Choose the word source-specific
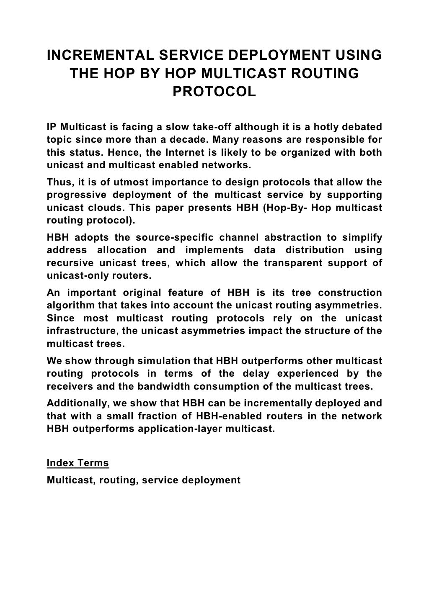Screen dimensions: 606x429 173,238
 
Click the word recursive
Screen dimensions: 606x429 67,263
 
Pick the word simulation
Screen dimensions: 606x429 166,361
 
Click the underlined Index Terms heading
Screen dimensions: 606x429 78,463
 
